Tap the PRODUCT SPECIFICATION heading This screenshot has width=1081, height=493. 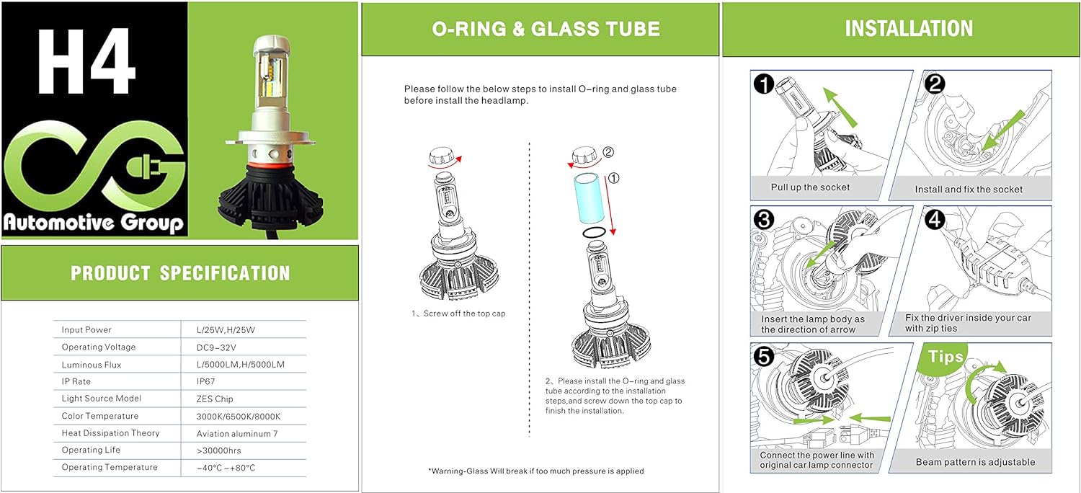point(180,273)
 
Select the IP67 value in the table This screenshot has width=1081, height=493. point(206,381)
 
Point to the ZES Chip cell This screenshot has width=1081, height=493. point(215,399)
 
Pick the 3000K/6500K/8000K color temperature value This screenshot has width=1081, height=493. point(238,416)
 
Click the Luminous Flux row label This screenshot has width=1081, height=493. point(92,365)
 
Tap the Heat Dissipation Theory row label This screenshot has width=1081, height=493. point(110,433)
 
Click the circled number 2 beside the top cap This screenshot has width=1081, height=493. point(608,152)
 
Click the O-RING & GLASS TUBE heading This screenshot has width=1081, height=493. point(546,29)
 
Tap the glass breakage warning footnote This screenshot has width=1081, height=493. point(536,471)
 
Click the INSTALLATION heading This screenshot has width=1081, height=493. point(909,28)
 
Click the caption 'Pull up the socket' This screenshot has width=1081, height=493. point(810,187)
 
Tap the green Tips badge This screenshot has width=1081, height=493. point(946,357)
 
